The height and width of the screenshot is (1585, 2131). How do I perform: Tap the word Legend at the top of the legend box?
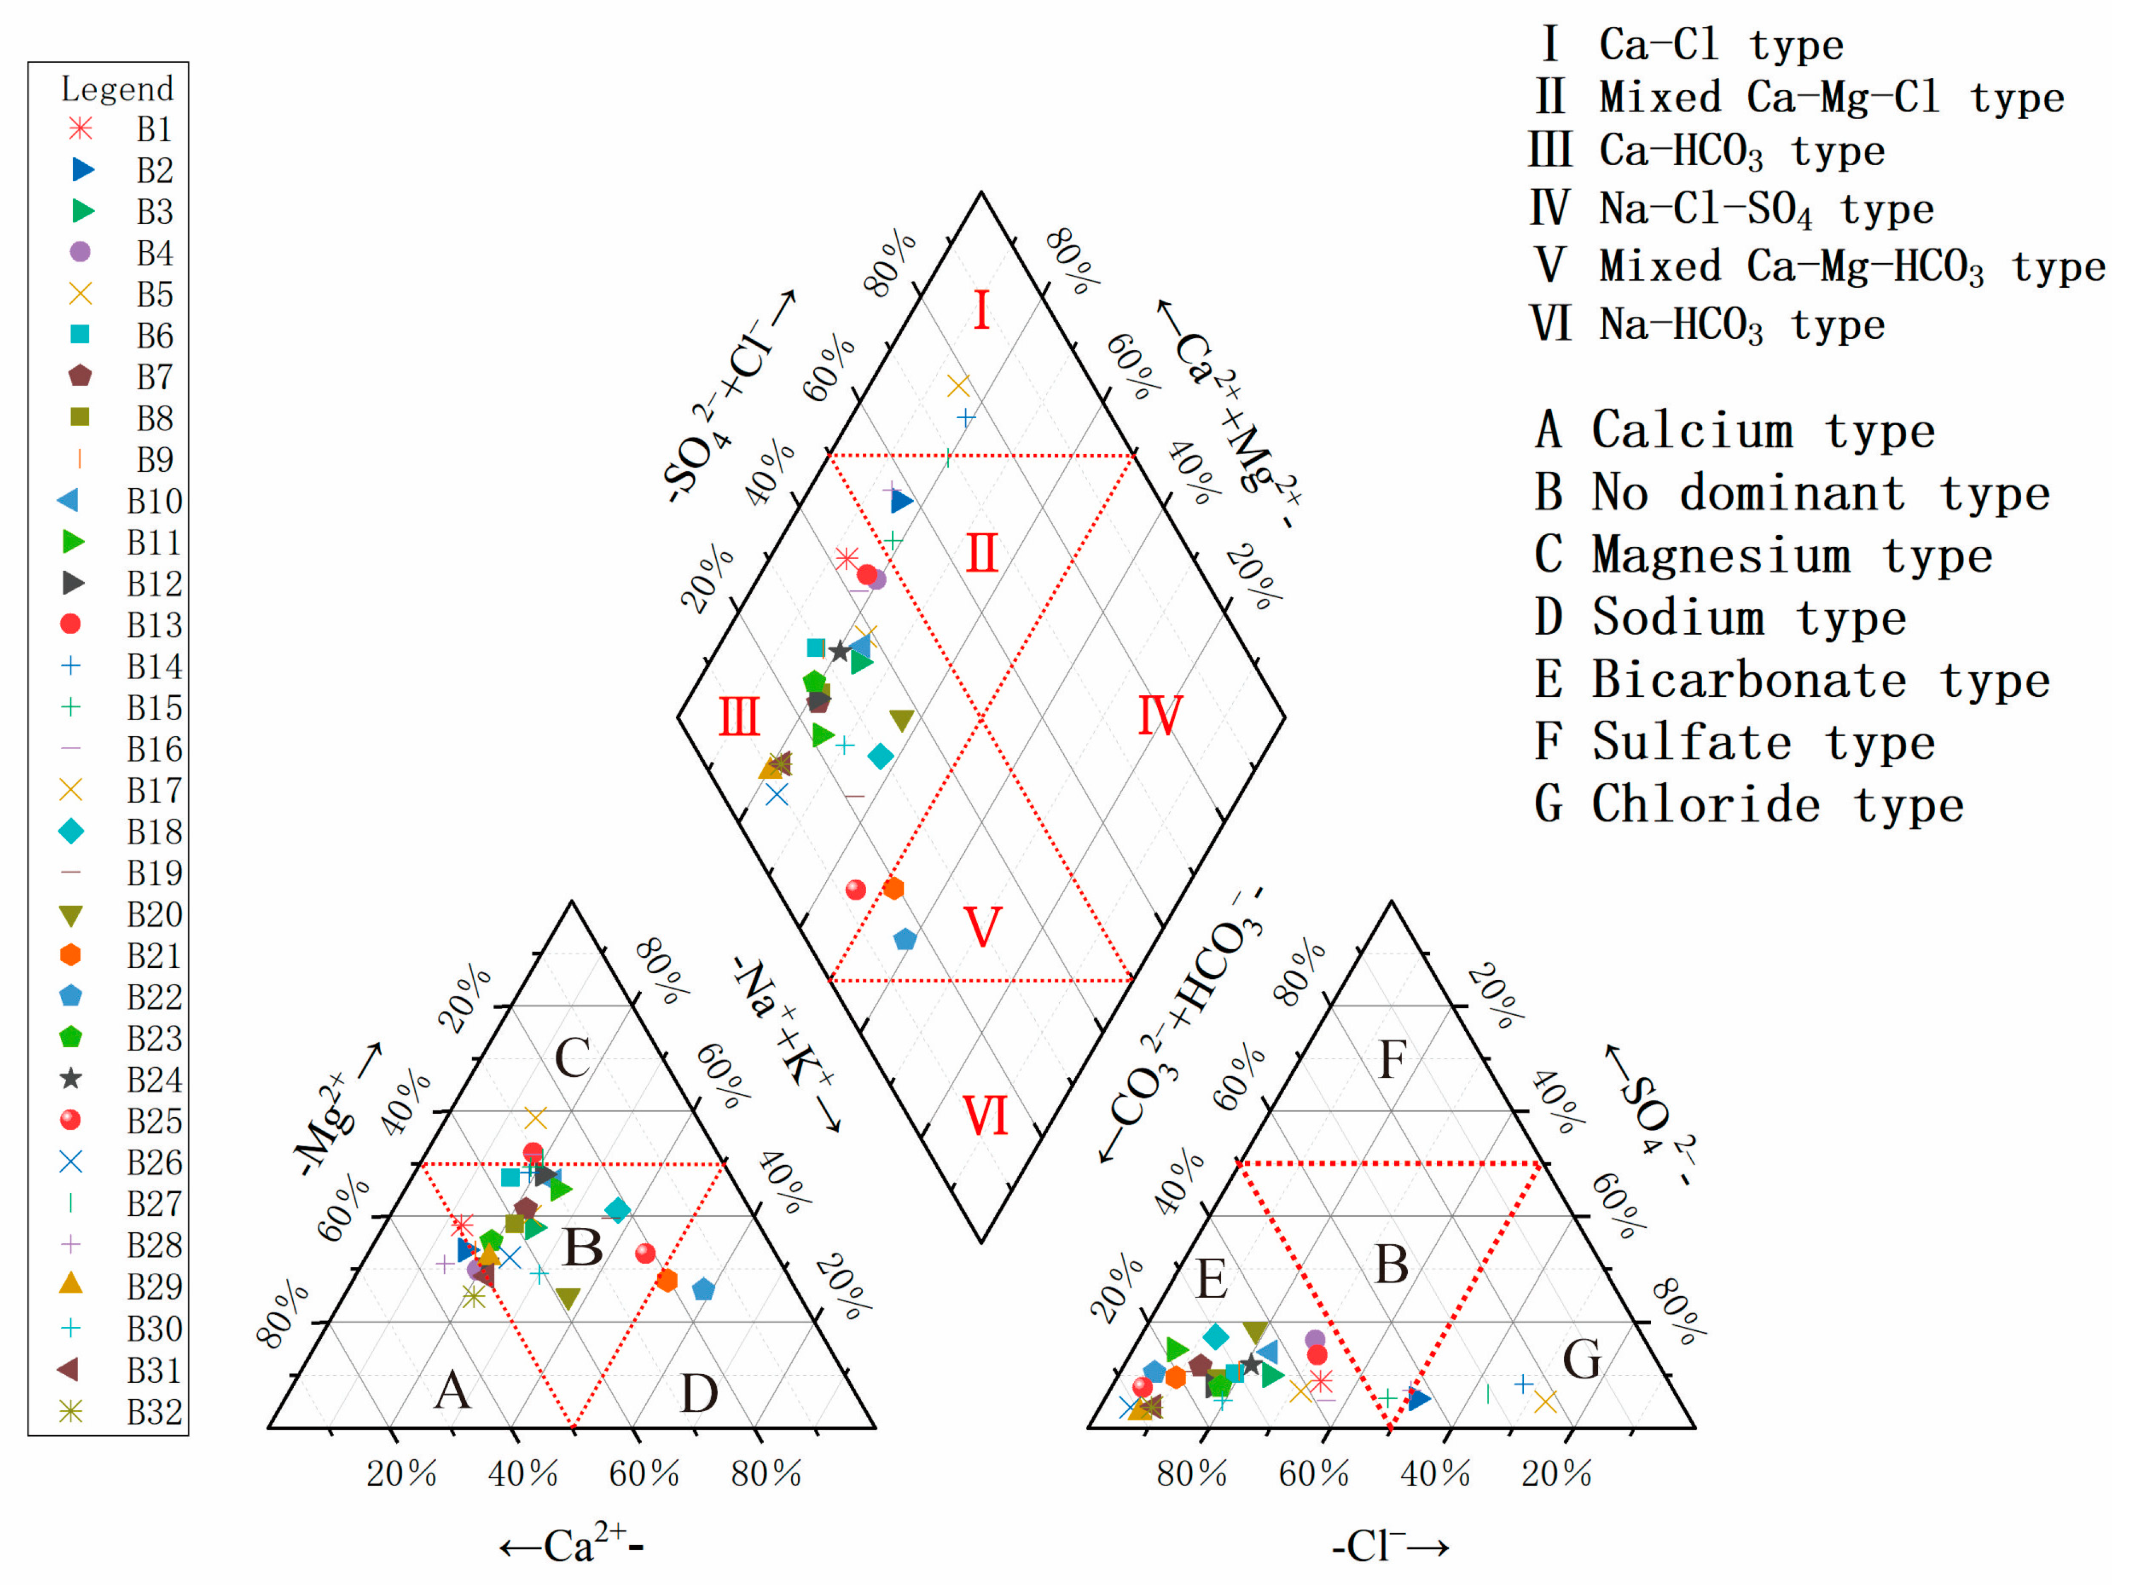[117, 89]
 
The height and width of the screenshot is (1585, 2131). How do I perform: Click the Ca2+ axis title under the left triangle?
[572, 1545]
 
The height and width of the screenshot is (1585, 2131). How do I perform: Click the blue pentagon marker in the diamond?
[904, 939]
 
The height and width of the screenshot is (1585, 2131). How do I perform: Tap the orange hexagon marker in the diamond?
[893, 888]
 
